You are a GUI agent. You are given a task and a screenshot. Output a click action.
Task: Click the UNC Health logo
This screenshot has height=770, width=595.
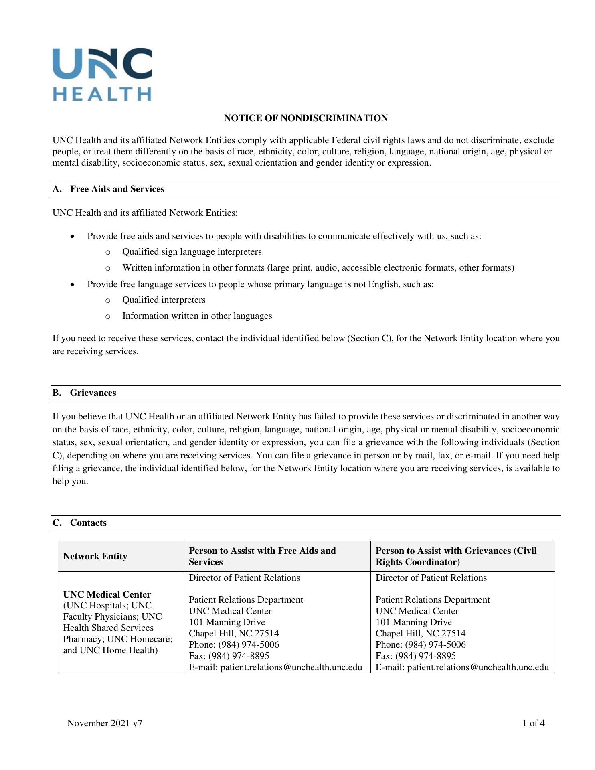[x=102, y=74]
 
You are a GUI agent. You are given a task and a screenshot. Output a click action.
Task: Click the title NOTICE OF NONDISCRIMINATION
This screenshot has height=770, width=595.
[x=306, y=118]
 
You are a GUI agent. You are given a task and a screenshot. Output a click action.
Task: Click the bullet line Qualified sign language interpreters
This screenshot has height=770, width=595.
[x=192, y=252]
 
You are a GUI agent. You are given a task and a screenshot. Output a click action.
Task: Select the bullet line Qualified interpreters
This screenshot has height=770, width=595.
[x=164, y=300]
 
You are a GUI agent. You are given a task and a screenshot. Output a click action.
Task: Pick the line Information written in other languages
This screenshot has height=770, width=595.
[x=197, y=316]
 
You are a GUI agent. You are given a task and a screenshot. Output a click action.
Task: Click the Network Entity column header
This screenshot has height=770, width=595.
[x=95, y=556]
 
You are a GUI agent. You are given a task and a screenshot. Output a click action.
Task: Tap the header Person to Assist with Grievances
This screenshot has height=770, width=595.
[x=456, y=556]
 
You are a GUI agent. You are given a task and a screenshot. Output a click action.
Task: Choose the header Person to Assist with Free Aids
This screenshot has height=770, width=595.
[x=262, y=556]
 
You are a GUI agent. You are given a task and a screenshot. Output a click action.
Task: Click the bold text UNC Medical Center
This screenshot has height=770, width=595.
[x=107, y=594]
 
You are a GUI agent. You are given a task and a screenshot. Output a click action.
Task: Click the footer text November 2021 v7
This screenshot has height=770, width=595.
[x=105, y=723]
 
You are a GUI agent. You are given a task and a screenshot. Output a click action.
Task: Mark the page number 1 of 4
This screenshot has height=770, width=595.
[x=533, y=723]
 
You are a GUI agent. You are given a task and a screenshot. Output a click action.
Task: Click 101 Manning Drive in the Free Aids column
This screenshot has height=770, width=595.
[x=227, y=622]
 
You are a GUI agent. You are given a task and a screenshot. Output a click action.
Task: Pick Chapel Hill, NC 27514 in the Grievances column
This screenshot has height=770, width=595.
[x=421, y=634]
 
